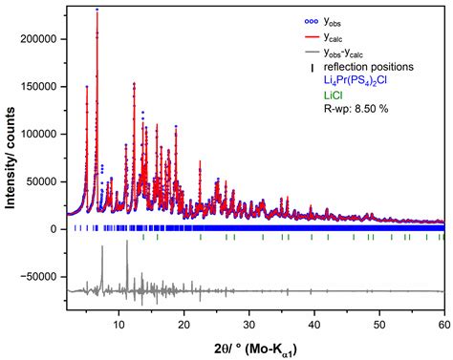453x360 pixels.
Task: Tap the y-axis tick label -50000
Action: [40, 276]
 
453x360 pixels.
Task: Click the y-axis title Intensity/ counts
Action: [11, 161]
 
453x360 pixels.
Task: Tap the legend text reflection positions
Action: [368, 67]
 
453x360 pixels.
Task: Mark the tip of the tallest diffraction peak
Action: [97, 10]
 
